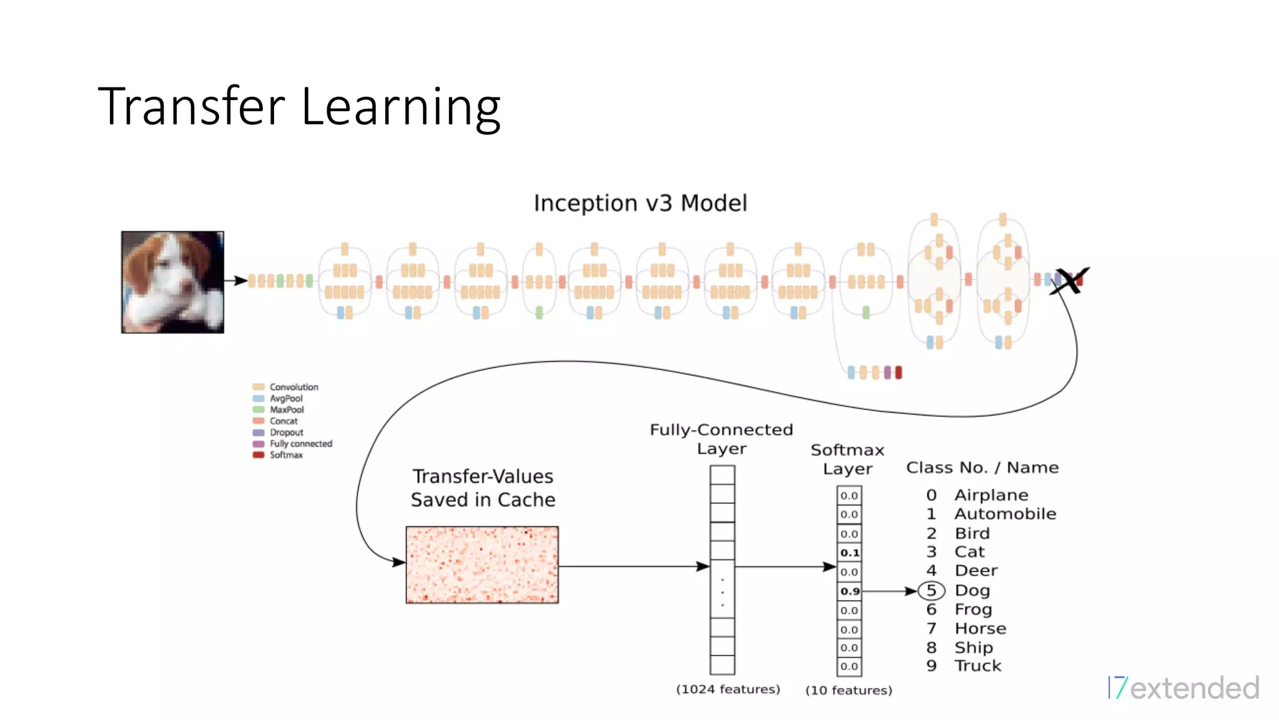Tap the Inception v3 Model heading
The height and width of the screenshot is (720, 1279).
tap(640, 203)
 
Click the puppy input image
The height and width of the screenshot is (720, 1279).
tap(172, 282)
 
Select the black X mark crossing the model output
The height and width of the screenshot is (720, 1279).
tap(1070, 281)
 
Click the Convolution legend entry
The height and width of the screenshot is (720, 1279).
tap(293, 387)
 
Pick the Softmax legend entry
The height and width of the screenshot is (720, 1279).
tap(285, 455)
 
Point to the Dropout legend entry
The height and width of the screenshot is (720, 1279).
tap(285, 432)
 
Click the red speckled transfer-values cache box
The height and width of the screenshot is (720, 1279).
tap(482, 565)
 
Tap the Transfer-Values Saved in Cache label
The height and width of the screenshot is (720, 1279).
tap(483, 488)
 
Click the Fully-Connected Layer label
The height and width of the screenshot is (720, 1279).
tap(721, 439)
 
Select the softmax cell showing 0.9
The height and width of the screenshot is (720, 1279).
tap(849, 591)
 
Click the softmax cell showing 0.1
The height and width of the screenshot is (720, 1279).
tap(849, 552)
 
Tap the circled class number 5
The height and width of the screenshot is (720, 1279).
tap(931, 591)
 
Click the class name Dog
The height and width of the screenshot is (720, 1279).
tap(972, 591)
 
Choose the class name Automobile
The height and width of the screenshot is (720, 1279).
tap(1005, 514)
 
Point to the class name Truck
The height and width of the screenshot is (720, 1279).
tap(977, 666)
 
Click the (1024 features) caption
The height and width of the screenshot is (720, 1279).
tap(728, 689)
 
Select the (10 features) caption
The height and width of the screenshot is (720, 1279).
tap(848, 690)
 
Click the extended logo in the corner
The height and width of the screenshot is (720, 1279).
tap(1184, 687)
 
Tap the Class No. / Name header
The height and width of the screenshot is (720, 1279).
tap(982, 467)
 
